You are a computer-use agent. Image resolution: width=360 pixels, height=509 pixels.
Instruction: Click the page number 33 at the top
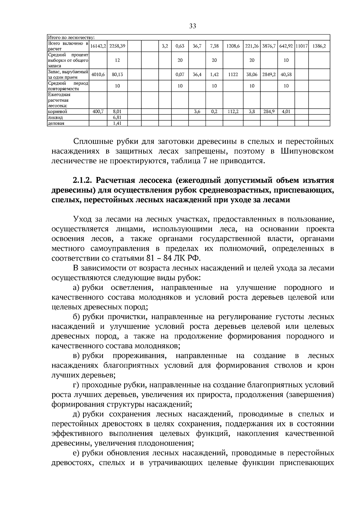click(193, 26)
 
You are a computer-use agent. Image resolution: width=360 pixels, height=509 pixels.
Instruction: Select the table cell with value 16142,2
click(98, 46)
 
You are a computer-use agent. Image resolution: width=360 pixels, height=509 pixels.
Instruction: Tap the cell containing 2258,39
click(117, 46)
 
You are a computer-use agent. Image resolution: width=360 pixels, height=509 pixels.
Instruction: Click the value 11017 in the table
click(301, 46)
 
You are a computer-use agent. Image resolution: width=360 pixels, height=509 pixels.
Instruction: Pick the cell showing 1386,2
click(319, 46)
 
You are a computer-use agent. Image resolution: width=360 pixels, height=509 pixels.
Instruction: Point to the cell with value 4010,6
click(98, 74)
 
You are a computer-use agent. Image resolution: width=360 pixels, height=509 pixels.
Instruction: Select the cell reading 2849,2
click(269, 74)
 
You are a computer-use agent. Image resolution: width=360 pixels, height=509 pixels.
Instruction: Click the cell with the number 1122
click(233, 74)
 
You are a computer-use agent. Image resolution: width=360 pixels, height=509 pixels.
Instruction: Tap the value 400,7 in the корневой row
click(98, 111)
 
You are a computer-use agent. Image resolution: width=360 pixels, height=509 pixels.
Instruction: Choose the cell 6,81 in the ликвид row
click(117, 117)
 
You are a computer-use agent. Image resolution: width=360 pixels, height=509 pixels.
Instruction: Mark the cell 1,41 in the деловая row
click(117, 123)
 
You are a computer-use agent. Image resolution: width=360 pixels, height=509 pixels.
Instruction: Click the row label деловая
click(56, 123)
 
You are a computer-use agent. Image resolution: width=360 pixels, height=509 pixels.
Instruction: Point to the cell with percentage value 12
click(117, 60)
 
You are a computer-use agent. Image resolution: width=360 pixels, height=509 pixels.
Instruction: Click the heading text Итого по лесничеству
click(71, 38)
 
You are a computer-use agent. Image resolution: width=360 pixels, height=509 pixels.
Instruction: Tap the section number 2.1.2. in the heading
click(83, 181)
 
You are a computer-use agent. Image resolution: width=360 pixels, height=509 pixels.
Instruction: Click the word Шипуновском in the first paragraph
click(307, 151)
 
